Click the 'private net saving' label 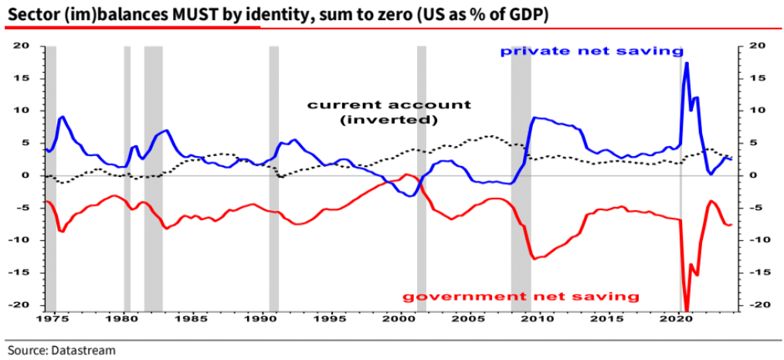click(592, 51)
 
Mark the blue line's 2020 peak click(687, 63)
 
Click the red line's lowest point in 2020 click(687, 307)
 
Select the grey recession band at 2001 click(422, 178)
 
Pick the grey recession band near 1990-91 click(273, 178)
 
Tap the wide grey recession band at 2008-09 click(521, 178)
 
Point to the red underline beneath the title click(132, 26)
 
